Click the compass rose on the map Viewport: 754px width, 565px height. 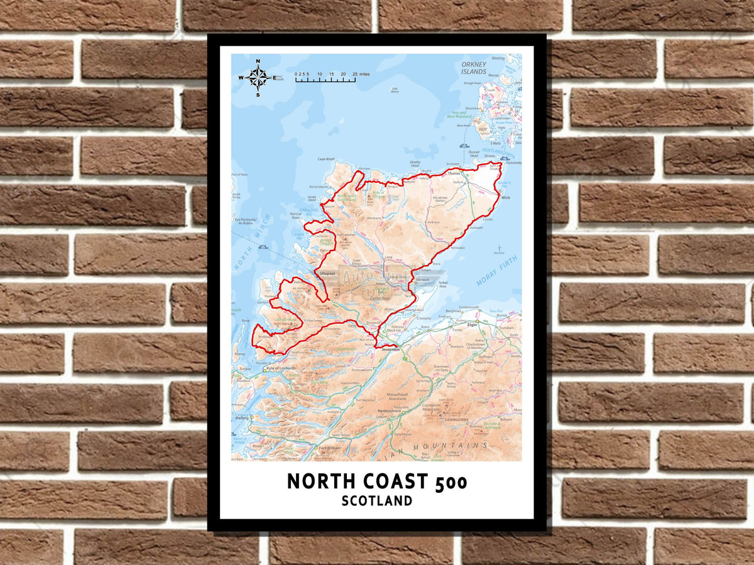pos(258,77)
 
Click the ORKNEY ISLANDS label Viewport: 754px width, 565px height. pos(473,68)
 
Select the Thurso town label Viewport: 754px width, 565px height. pos(455,172)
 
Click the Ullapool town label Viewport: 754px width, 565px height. pos(328,274)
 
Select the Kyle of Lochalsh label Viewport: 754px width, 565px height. pos(280,369)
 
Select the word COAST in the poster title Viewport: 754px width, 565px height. pos(389,482)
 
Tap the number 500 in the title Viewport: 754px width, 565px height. pos(449,482)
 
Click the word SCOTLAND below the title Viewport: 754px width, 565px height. pos(377,501)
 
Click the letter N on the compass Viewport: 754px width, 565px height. pos(258,62)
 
